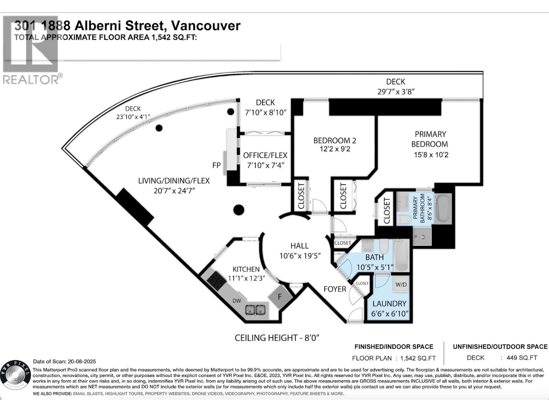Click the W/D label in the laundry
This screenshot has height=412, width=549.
(401, 285)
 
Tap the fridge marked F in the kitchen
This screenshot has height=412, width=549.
(280, 296)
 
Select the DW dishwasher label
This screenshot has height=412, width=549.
(237, 301)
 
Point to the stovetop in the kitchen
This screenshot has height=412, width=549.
(217, 279)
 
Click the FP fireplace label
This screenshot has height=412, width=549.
(216, 165)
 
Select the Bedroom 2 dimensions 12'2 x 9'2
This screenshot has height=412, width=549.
(335, 149)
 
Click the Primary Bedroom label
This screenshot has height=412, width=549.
(430, 139)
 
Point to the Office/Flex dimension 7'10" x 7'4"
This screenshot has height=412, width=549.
(265, 165)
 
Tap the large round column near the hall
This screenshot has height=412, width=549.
(238, 209)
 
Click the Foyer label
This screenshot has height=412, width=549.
(335, 289)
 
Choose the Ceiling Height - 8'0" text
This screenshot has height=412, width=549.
(277, 338)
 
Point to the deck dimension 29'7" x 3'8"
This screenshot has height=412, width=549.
(396, 92)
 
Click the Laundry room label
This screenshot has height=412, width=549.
(389, 304)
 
